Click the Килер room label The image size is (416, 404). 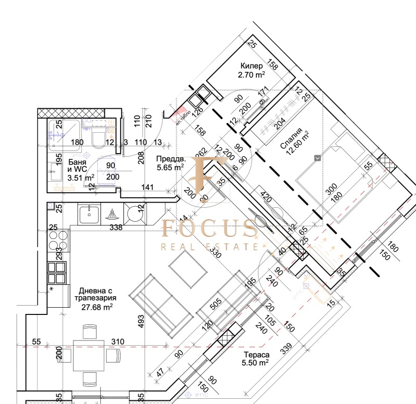tap(252, 66)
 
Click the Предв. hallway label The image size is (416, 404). tap(170, 159)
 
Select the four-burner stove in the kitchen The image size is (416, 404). tap(57, 241)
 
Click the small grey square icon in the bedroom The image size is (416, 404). tap(317, 157)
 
